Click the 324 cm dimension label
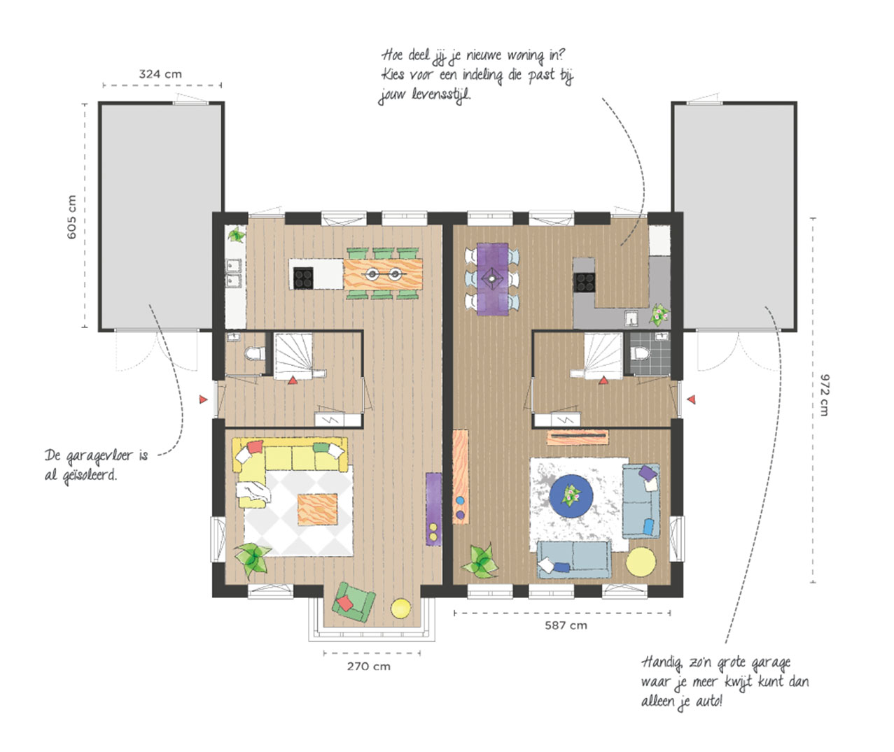click(x=160, y=73)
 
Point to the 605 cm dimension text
click(x=72, y=217)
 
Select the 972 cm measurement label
click(x=824, y=395)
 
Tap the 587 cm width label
click(x=566, y=625)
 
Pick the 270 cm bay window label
click(x=368, y=666)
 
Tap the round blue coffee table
click(x=571, y=495)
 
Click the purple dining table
click(x=493, y=278)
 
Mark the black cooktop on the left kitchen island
click(x=303, y=278)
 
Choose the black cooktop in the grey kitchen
click(x=585, y=281)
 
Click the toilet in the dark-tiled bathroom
click(x=638, y=352)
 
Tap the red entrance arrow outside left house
click(x=203, y=399)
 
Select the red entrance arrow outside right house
click(x=691, y=399)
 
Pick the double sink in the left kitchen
click(x=233, y=273)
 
